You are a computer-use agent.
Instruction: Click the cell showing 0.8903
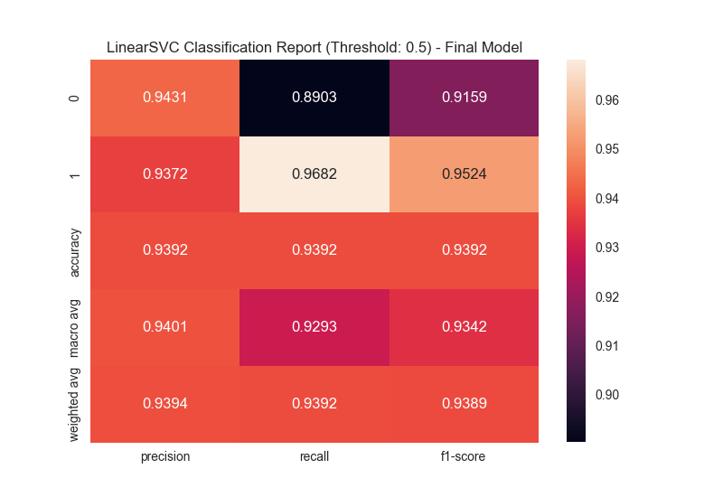coord(315,98)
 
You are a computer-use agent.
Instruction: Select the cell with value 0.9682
coord(315,174)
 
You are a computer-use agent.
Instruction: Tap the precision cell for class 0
coord(164,98)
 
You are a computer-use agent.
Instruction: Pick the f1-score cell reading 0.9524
coord(464,174)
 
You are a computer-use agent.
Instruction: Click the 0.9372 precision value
coord(164,174)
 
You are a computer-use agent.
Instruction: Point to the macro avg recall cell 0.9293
coord(315,327)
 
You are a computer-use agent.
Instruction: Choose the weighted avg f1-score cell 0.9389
coord(464,404)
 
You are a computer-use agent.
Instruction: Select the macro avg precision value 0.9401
coord(164,327)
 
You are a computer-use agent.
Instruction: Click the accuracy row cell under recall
coord(315,250)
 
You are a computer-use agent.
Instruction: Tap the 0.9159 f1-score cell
coord(464,98)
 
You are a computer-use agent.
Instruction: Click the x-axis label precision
coord(164,456)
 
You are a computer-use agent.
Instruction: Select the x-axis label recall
coord(315,456)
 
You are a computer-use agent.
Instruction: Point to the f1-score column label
coord(464,456)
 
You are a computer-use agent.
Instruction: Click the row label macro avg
coord(74,327)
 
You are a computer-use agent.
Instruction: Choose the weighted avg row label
coord(74,404)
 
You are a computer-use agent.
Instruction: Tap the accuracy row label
coord(74,250)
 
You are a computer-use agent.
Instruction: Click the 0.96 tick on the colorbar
coord(606,100)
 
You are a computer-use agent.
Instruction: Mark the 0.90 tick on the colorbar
coord(606,395)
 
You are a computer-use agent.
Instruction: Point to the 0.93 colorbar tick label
coord(606,248)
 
